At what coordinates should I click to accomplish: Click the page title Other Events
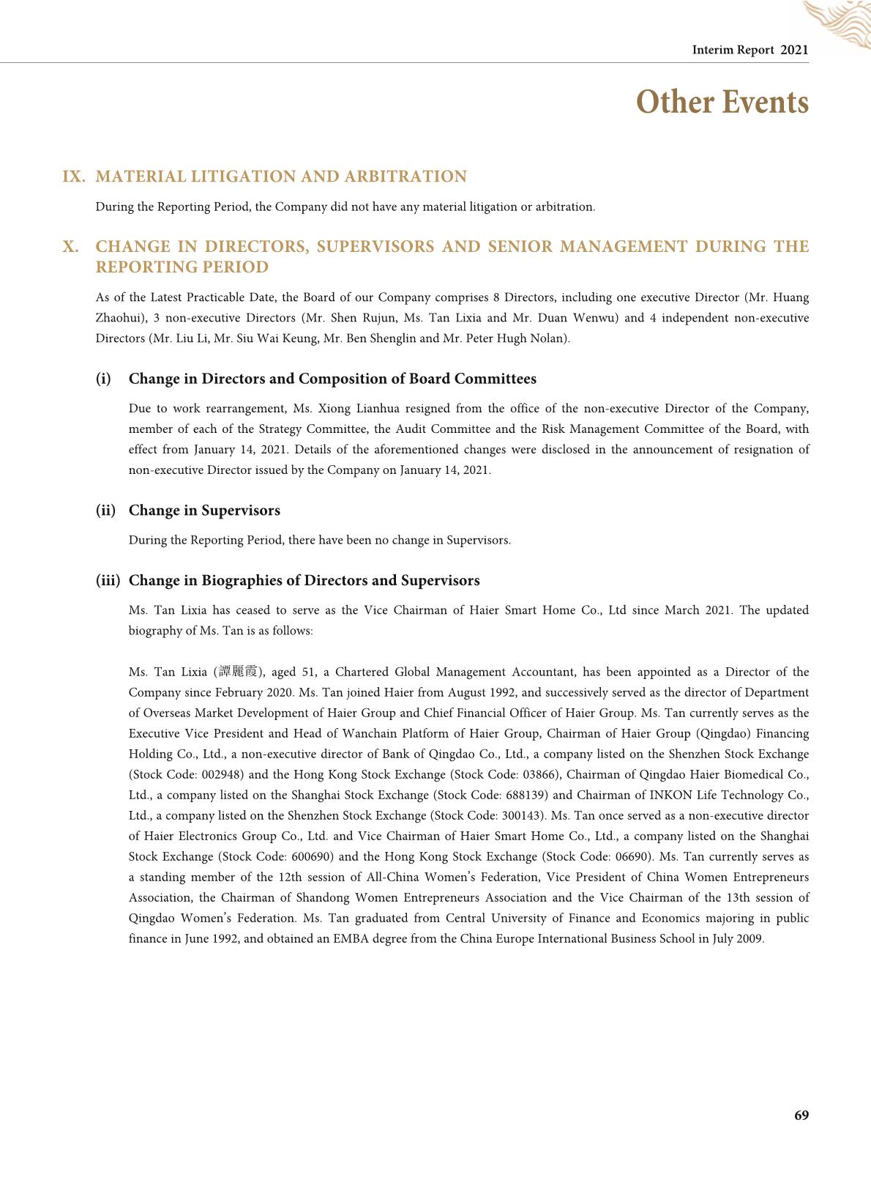(x=722, y=102)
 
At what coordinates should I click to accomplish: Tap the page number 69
(x=801, y=1115)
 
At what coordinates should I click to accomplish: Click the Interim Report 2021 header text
(x=749, y=50)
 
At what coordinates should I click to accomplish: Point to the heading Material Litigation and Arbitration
(x=281, y=177)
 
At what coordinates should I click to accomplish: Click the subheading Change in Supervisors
(x=204, y=511)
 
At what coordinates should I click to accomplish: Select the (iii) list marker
(x=108, y=581)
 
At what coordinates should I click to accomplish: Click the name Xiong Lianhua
(x=358, y=409)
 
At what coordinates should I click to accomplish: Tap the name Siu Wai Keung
(x=282, y=338)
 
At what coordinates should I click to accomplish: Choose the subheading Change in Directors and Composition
(x=332, y=379)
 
